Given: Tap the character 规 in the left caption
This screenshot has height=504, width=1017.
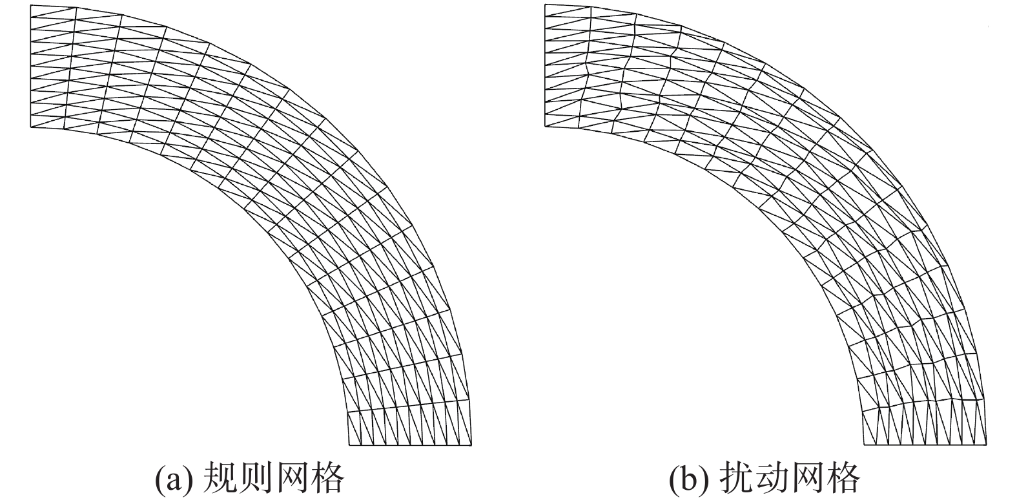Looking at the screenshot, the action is pos(220,478).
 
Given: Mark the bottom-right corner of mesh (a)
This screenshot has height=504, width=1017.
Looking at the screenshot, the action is pos(471,445).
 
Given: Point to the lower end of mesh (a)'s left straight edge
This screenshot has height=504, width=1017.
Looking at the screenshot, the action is pos(31,127).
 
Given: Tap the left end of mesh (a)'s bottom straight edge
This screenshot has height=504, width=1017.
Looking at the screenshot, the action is pos(349,445).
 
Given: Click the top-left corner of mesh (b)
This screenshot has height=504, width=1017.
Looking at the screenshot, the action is pos(546,5).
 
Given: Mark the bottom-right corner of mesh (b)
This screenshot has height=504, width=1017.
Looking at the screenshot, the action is pos(986,445).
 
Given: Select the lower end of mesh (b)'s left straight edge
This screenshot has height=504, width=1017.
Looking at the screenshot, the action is pos(546,127).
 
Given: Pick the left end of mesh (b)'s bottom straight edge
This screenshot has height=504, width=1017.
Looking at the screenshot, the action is pos(864,445).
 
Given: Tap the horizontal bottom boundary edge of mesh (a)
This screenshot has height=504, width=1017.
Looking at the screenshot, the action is pos(410,445).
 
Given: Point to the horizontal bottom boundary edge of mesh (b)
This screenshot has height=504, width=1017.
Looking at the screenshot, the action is pos(925,445).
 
